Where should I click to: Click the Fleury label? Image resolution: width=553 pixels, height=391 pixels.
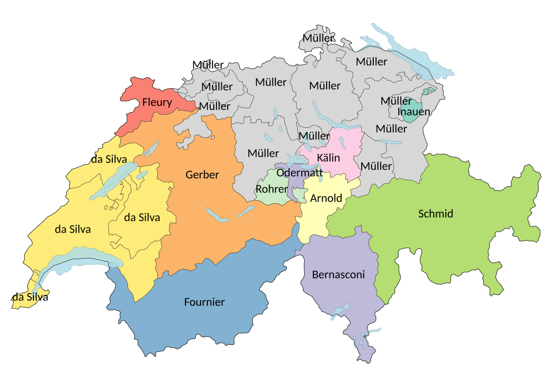point(157,103)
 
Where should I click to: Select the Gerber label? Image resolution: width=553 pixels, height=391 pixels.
point(202,174)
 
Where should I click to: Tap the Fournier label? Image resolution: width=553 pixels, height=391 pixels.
point(204,302)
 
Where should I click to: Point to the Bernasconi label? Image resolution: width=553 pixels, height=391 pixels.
point(339,275)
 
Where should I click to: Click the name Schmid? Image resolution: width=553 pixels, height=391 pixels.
point(435,214)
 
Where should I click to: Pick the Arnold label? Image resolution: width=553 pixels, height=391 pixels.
point(326,199)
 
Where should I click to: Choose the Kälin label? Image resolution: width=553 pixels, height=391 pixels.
point(328,158)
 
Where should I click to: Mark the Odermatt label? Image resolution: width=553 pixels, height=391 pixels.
point(300,172)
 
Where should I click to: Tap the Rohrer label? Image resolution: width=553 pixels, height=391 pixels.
point(271,189)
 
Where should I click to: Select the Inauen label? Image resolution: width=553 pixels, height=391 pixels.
point(414,112)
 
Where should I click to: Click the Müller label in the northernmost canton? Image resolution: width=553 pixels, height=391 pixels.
point(318,38)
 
